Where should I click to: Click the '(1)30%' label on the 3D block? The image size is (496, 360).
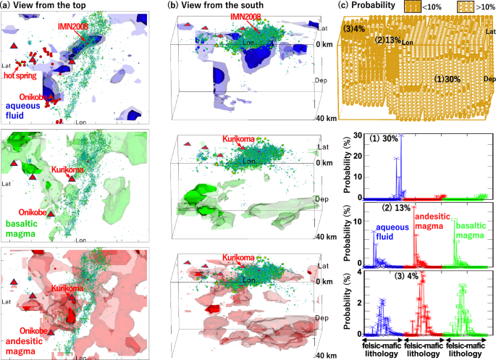pyautogui.click(x=449, y=78)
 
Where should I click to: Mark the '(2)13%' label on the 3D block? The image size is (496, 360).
pyautogui.click(x=388, y=41)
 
